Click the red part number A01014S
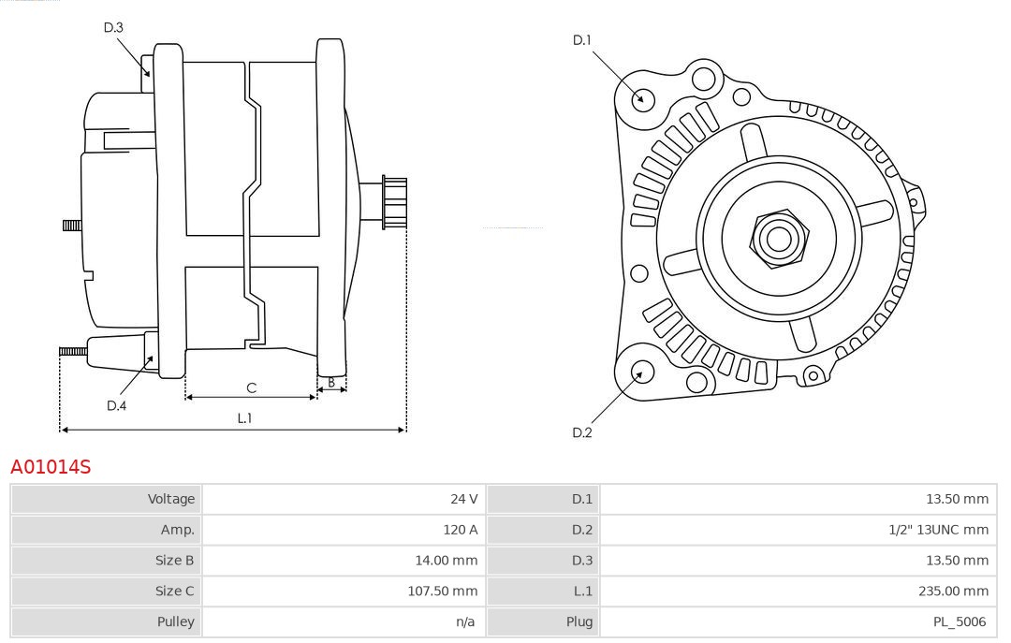51,466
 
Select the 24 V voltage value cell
463,499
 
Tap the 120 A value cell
460,530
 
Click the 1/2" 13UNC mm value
938,530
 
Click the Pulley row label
177,621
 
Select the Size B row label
175,561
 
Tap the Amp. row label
178,530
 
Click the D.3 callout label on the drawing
113,27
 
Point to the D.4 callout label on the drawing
116,405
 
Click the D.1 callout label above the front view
582,39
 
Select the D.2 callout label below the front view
582,432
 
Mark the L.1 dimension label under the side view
244,418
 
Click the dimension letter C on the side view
251,387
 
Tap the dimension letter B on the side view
331,382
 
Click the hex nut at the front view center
778,239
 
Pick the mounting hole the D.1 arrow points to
643,98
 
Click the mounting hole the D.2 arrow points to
641,373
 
